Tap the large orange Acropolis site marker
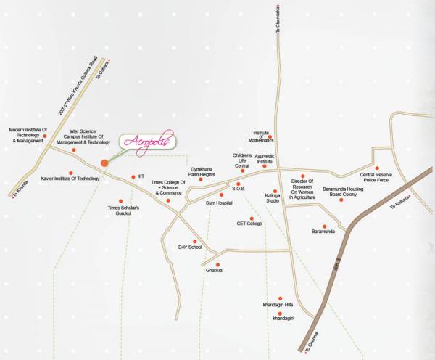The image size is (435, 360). pos(105,163)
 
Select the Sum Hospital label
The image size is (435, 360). pos(220,205)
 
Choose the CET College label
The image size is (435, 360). pos(249,224)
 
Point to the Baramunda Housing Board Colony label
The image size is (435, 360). pos(341,191)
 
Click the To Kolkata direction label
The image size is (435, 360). pos(400,205)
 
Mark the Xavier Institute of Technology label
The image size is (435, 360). pos(70,178)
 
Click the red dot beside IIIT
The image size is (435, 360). pos(132,176)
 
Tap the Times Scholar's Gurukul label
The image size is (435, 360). pos(123,210)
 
